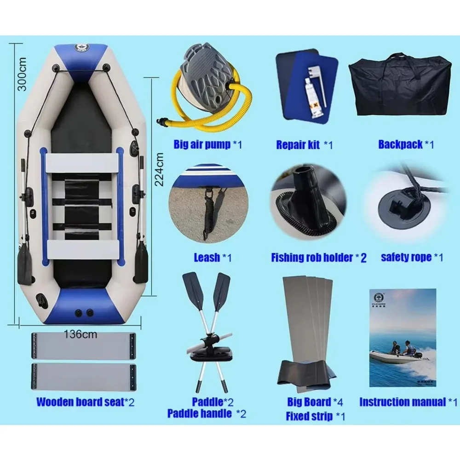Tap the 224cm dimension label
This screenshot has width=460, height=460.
(159, 169)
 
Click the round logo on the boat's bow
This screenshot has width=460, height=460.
(82, 47)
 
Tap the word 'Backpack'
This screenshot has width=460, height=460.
(400, 144)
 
